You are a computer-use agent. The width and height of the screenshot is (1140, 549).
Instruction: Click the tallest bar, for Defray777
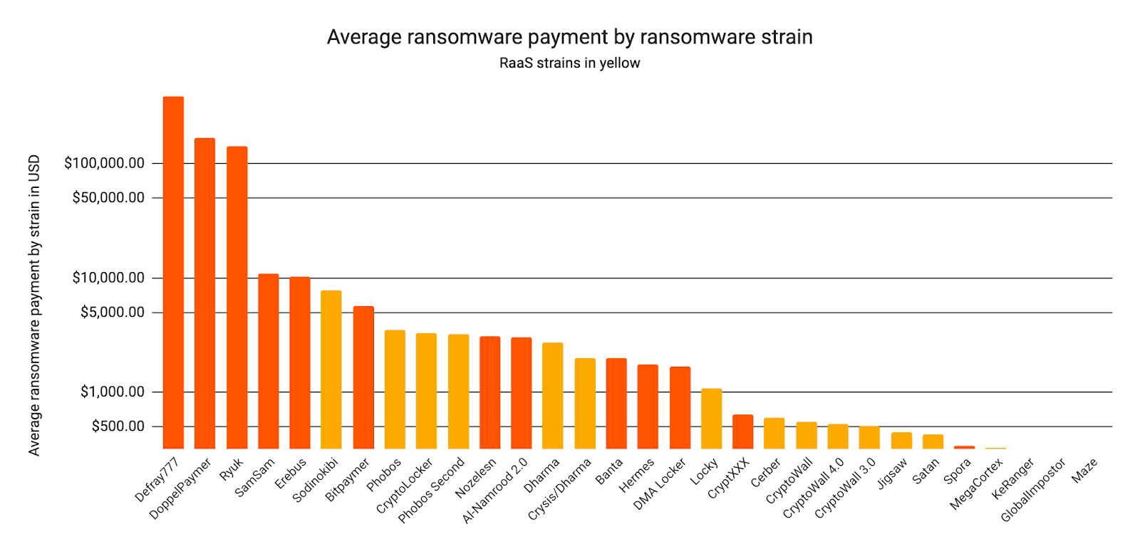tap(173, 272)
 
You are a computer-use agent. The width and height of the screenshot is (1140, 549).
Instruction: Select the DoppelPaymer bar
tap(204, 293)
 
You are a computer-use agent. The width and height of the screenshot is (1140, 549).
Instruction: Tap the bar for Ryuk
tap(237, 297)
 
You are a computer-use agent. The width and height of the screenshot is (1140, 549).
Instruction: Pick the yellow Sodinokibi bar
tap(331, 369)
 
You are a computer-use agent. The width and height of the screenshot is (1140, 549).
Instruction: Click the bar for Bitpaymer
tap(363, 377)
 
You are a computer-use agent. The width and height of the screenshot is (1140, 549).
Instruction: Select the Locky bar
tap(711, 418)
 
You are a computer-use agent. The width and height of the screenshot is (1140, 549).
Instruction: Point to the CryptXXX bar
tap(742, 431)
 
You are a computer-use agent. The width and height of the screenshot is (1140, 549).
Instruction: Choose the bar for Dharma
tap(553, 395)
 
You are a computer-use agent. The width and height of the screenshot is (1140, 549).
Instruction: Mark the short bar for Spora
tap(964, 447)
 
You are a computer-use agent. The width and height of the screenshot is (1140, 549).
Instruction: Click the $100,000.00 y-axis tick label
tap(104, 163)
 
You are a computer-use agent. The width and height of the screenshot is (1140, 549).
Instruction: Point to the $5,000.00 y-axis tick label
tap(113, 312)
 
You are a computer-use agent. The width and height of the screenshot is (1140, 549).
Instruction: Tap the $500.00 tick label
tap(118, 426)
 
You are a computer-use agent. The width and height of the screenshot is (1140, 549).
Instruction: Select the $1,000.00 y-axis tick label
tap(113, 392)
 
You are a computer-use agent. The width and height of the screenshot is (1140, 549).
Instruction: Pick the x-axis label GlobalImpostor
tap(1033, 491)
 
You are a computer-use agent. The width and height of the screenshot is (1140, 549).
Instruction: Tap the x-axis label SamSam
tap(255, 477)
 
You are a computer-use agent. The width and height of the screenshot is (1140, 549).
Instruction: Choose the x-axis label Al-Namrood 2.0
tap(495, 491)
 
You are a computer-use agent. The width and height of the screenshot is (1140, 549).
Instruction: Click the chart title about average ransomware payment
tap(569, 37)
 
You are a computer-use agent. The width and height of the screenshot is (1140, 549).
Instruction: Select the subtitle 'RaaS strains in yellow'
tap(569, 63)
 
